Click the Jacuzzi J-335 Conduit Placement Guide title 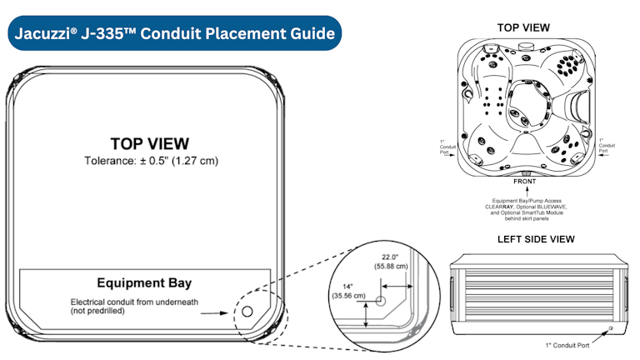[173, 34]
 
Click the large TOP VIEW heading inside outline [149, 144]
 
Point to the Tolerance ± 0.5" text [150, 160]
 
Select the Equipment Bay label [145, 283]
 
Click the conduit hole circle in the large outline [247, 313]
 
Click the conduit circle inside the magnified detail [380, 301]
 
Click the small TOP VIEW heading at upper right [523, 27]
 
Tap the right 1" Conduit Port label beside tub [607, 146]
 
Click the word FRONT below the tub [524, 182]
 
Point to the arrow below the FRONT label [524, 192]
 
